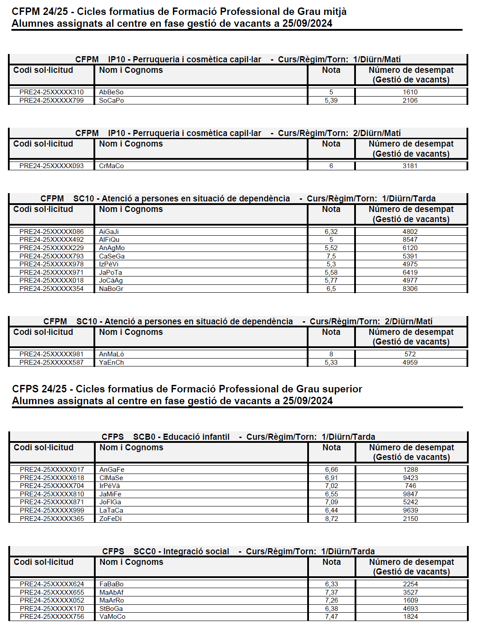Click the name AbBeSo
111,92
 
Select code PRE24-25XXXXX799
51,101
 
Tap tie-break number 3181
410,166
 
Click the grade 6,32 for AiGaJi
331,232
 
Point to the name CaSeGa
111,256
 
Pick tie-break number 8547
410,240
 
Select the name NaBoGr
111,289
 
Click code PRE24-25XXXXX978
51,264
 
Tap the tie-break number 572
410,354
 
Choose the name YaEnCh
111,363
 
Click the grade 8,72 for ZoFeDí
331,519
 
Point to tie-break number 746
410,486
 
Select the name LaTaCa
111,510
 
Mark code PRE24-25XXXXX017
52,470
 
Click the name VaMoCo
112,617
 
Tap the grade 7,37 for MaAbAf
331,592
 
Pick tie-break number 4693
410,609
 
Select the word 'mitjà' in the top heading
334,12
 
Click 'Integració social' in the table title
196,552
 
